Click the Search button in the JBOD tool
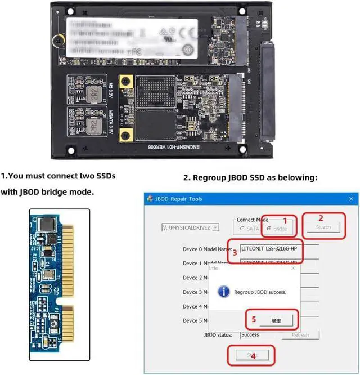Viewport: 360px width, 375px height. [x=323, y=227]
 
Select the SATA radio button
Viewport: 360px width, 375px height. [x=242, y=229]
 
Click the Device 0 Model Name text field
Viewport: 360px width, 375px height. [x=278, y=248]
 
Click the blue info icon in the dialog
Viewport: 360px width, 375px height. [x=224, y=292]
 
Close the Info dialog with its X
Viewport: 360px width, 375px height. [x=292, y=268]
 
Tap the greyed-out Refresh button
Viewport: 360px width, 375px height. [x=300, y=334]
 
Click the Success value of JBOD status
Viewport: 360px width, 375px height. [x=250, y=334]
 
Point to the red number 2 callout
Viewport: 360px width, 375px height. [x=321, y=217]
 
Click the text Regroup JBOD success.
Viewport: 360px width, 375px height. [x=260, y=292]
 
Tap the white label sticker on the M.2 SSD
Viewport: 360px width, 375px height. [x=133, y=36]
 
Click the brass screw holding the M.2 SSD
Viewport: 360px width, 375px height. [x=57, y=41]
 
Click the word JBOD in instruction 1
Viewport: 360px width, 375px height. [x=27, y=192]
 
